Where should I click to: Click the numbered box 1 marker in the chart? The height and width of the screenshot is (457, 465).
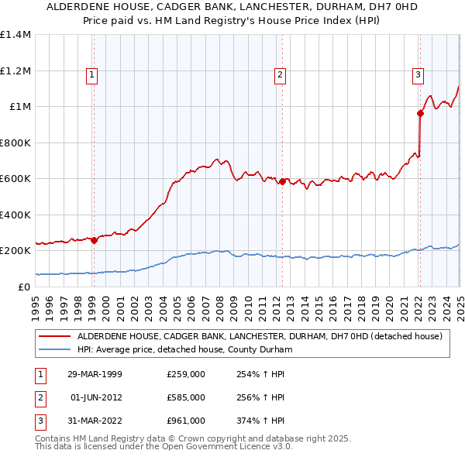92,75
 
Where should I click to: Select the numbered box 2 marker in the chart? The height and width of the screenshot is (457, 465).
280,75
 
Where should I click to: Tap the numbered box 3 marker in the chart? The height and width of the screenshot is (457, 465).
418,75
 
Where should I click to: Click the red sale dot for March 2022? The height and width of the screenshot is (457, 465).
420,114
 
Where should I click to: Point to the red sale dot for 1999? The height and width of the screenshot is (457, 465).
95,240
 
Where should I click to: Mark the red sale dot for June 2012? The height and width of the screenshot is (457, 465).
282,181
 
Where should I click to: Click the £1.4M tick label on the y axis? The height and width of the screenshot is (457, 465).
16,36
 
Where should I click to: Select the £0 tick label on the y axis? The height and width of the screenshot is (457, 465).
24,287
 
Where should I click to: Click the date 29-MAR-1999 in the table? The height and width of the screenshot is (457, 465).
95,373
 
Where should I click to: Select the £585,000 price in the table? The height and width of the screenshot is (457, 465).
186,397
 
